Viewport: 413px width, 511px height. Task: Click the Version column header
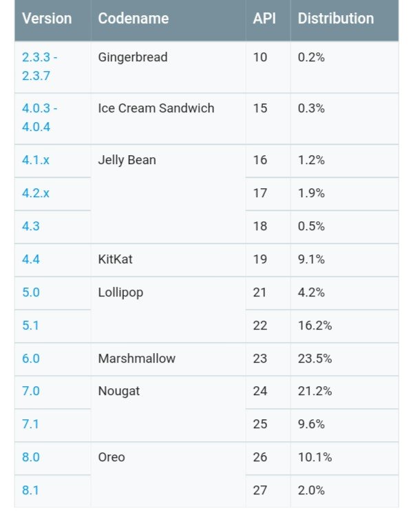(x=47, y=19)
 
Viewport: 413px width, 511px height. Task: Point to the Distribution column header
(x=336, y=19)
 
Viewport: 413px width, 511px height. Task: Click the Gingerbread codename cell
(x=133, y=58)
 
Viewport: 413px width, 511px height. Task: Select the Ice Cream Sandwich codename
(x=156, y=108)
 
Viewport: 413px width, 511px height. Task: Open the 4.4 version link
(x=31, y=259)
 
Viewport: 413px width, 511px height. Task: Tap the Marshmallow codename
(x=137, y=359)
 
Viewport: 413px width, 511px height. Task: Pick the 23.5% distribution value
(x=315, y=359)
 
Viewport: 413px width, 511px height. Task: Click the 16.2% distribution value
(x=315, y=325)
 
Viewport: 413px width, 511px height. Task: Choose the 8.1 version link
(x=31, y=491)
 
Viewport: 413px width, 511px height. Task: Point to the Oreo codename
(x=112, y=457)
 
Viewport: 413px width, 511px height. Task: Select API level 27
(x=260, y=491)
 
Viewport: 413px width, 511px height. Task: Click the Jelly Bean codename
(x=127, y=160)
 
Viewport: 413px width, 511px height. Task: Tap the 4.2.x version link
(x=36, y=193)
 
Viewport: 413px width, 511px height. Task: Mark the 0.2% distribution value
(x=311, y=58)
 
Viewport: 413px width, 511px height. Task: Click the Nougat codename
(x=119, y=391)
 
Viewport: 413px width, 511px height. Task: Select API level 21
(x=260, y=292)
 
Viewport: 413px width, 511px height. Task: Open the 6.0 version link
(x=31, y=359)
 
